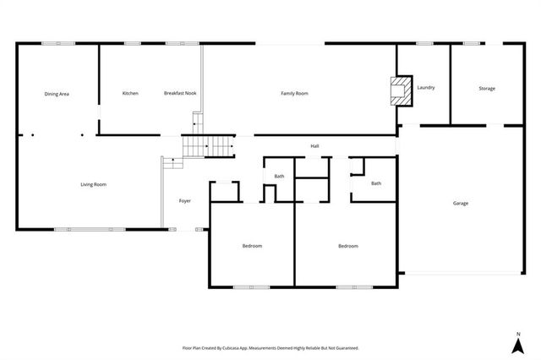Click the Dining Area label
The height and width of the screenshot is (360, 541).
(57, 93)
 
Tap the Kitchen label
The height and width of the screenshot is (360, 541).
(130, 93)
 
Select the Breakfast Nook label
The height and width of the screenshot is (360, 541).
(180, 93)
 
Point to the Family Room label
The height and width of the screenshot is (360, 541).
(294, 93)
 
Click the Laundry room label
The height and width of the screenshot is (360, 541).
(426, 87)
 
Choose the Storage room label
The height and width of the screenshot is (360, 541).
(487, 88)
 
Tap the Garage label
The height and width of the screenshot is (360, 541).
(461, 203)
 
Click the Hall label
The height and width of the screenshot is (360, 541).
(314, 146)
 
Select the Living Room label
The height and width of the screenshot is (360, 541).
(93, 184)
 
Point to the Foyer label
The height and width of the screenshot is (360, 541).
(184, 200)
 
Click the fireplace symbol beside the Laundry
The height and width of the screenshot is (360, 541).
(402, 91)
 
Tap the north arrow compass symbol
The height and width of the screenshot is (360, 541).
(518, 346)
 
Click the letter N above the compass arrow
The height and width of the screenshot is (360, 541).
(518, 335)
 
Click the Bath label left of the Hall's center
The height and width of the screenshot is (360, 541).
(279, 176)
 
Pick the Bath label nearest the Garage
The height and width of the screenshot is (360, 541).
(376, 183)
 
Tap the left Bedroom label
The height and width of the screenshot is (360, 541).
(252, 246)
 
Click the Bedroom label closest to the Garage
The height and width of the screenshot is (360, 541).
(348, 246)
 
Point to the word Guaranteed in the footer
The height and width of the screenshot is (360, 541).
(345, 347)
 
